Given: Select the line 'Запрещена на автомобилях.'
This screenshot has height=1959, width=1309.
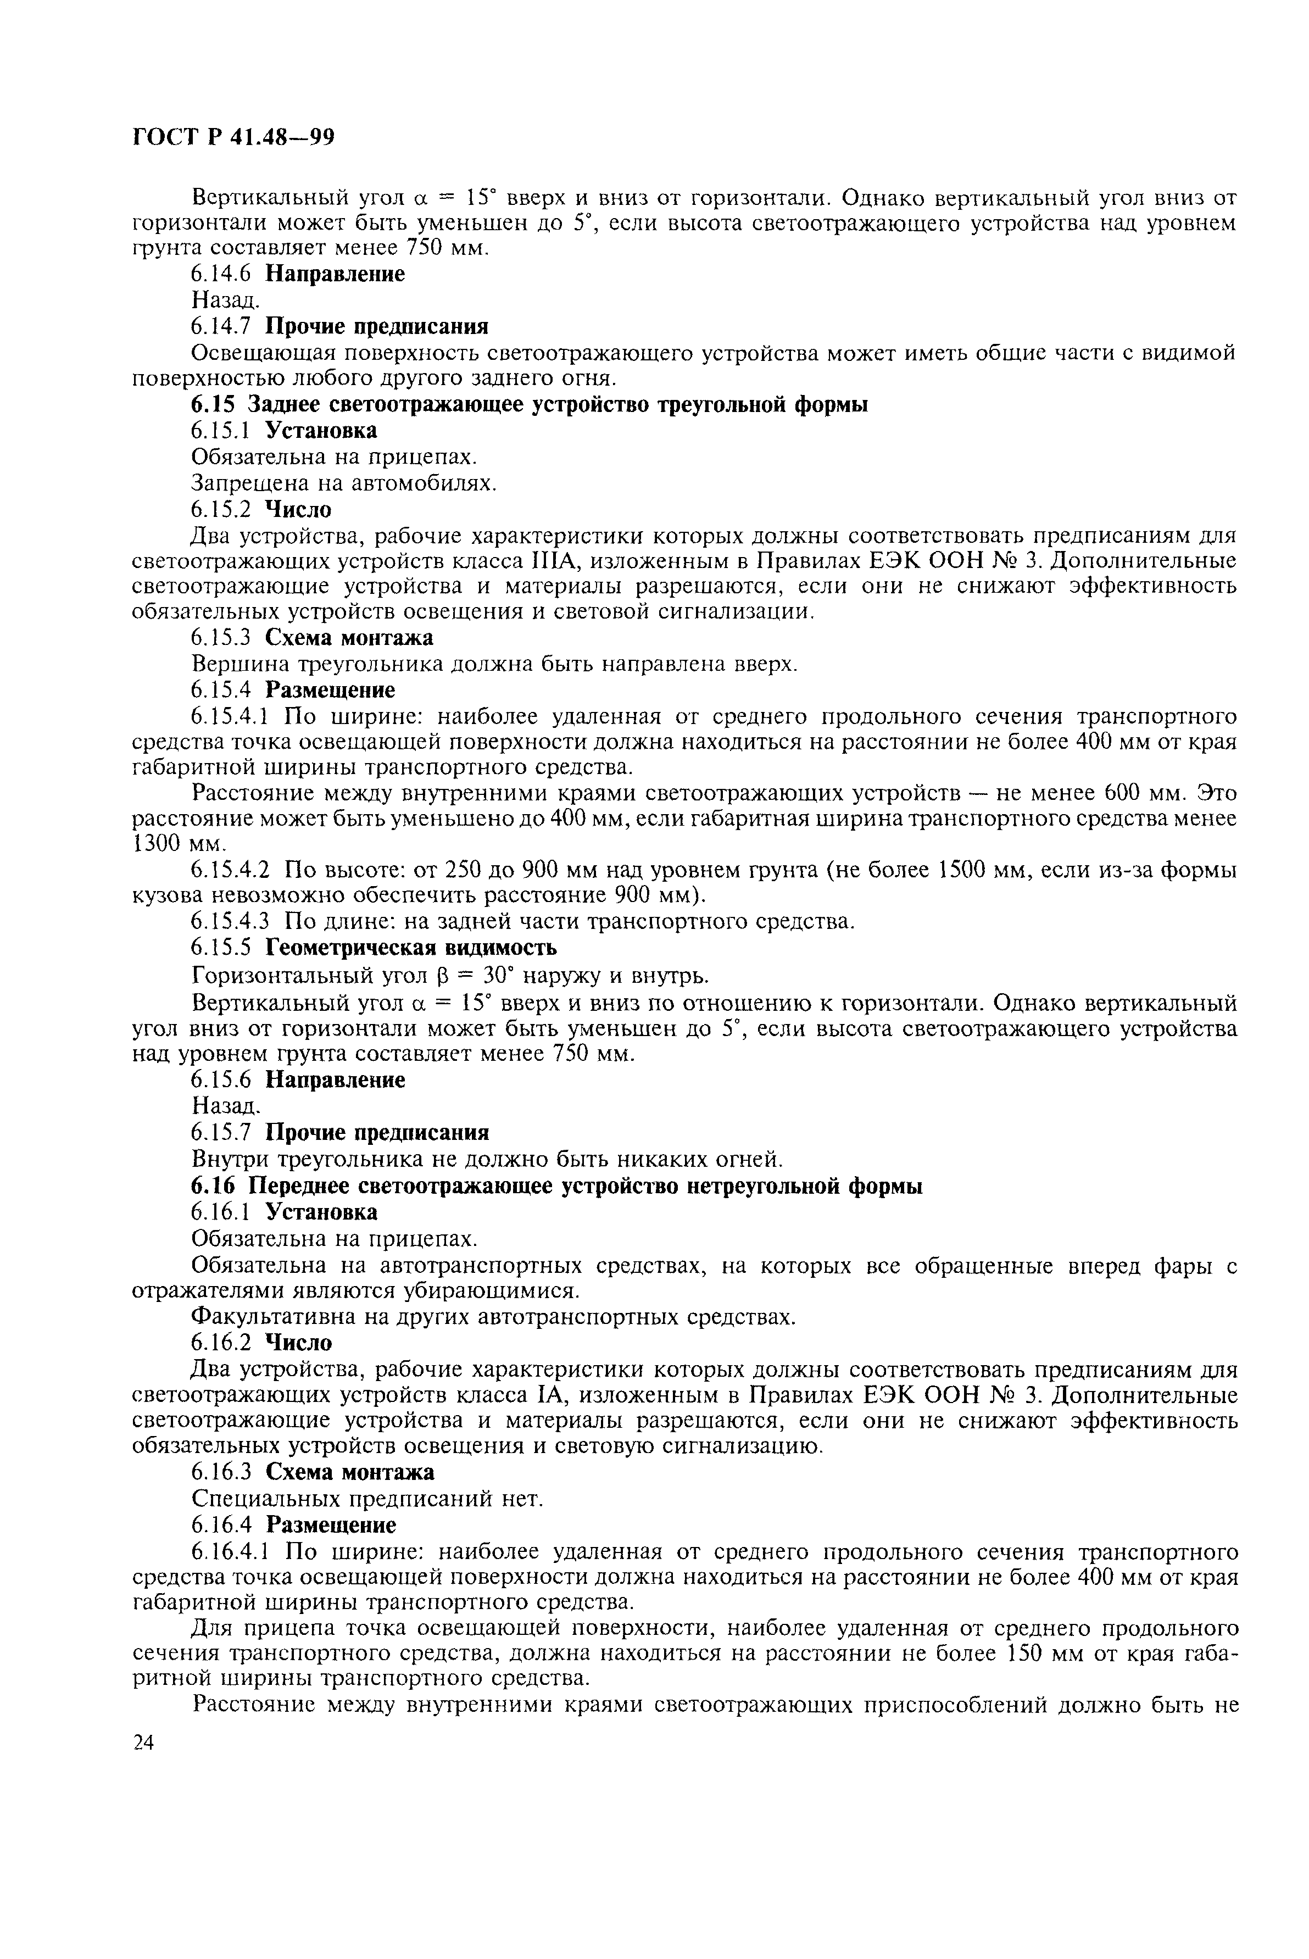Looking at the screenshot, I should (343, 482).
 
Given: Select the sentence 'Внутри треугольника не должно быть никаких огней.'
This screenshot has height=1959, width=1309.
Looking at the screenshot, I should (488, 1159).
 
